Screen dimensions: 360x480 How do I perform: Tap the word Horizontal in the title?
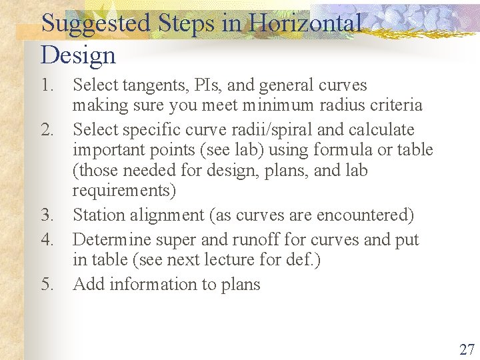(305, 24)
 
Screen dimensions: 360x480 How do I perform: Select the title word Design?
(78, 55)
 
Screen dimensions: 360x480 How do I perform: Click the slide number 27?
(467, 349)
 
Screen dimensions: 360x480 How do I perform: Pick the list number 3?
(46, 215)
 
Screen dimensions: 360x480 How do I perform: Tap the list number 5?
(46, 285)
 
